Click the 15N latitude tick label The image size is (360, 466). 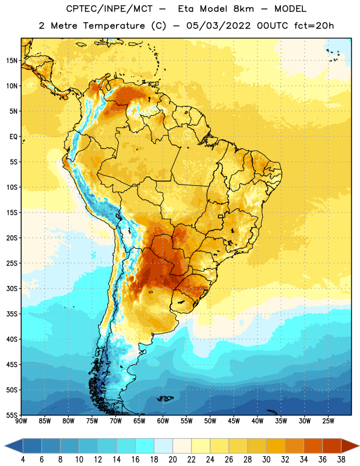[x=12, y=61]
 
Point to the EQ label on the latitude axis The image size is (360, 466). [x=13, y=137]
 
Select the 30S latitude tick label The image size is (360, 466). [x=12, y=288]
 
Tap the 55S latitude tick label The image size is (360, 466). [x=12, y=415]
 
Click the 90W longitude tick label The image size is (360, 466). [x=21, y=421]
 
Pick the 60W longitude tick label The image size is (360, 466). [x=163, y=421]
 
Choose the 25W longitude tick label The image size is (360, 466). [x=328, y=421]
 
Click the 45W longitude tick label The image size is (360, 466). [x=234, y=421]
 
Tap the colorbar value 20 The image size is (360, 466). [x=172, y=460]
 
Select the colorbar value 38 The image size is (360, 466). [x=341, y=460]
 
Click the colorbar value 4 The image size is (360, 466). [x=23, y=460]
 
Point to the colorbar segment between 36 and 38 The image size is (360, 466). [x=332, y=446]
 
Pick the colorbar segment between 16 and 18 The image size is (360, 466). [x=145, y=446]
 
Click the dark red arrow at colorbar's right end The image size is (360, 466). [x=350, y=446]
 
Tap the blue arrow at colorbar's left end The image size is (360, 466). [x=14, y=446]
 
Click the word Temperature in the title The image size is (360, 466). [x=114, y=26]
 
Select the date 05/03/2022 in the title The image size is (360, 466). [x=218, y=26]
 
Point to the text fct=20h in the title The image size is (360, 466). [x=314, y=26]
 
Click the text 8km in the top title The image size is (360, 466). [x=243, y=9]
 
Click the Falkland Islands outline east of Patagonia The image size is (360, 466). [x=165, y=398]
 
